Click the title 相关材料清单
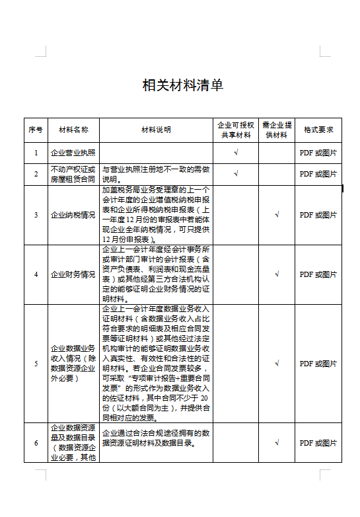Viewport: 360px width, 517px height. [183, 85]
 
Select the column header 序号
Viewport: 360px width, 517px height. [36, 130]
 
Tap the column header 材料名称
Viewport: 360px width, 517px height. [73, 130]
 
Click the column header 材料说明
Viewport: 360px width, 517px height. [156, 130]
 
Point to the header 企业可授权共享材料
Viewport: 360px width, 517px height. [236, 130]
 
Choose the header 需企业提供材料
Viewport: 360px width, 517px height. [277, 130]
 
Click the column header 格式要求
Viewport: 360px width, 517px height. [318, 130]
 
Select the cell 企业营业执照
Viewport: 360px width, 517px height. [73, 153]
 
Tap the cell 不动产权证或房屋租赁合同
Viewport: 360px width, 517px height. [73, 174]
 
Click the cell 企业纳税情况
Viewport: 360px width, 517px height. [73, 215]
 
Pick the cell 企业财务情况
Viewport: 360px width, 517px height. [73, 274]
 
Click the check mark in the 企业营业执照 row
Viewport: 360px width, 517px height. [236, 153]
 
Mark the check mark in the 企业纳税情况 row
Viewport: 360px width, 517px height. [277, 215]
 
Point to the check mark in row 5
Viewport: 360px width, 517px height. [277, 363]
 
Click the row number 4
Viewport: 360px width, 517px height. [36, 274]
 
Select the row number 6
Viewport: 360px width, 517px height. [36, 442]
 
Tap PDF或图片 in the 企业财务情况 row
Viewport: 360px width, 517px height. [318, 274]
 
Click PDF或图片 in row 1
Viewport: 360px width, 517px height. [318, 153]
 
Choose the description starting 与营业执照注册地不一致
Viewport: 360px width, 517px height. [156, 174]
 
